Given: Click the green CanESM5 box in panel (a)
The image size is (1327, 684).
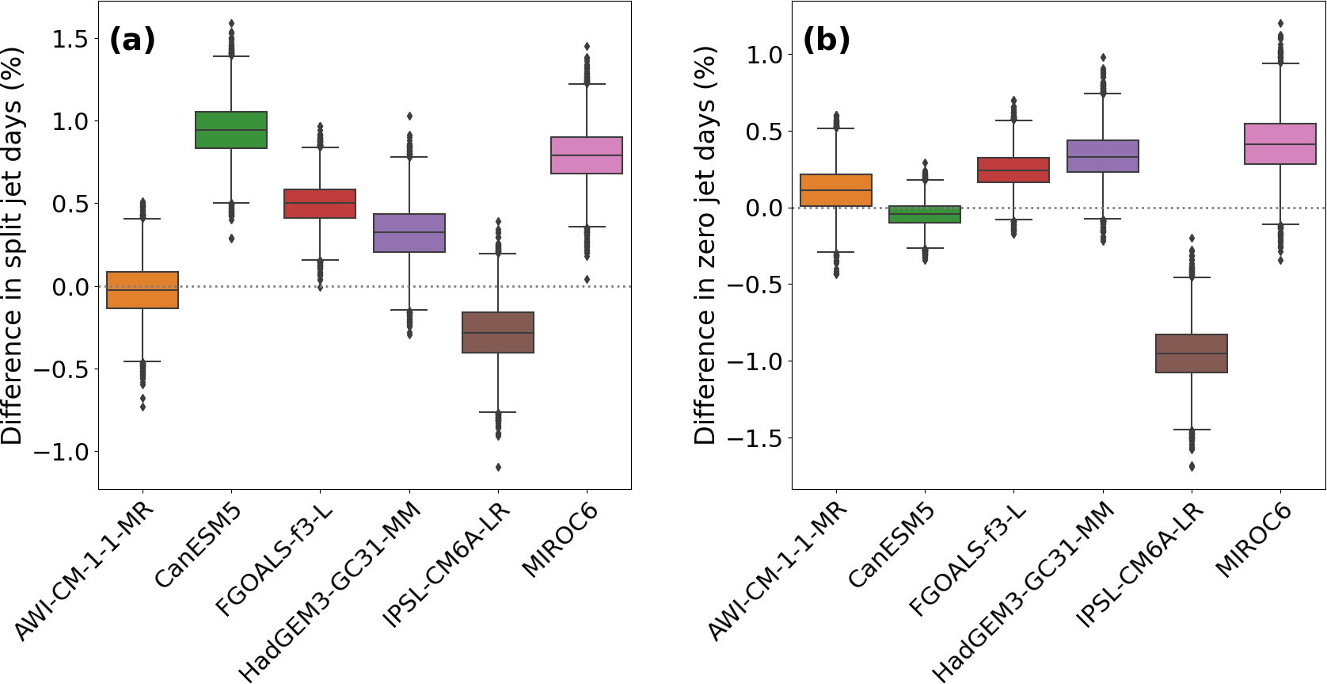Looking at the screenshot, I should [x=231, y=130].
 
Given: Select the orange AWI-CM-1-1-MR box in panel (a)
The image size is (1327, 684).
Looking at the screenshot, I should [x=143, y=290].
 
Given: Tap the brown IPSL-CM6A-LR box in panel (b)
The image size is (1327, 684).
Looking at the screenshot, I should [x=1192, y=353].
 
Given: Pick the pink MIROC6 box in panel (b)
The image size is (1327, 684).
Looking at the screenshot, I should [x=1280, y=144].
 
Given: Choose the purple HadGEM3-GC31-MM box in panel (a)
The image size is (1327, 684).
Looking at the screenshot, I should [x=409, y=233].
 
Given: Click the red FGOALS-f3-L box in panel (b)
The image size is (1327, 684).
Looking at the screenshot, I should [x=1013, y=170].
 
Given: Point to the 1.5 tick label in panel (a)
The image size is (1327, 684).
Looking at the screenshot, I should [x=70, y=39].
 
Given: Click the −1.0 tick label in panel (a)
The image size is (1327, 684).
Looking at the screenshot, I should [x=60, y=452].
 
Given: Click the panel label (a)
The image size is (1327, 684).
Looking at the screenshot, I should [x=132, y=40].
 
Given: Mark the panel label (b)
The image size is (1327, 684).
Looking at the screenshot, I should [x=827, y=40].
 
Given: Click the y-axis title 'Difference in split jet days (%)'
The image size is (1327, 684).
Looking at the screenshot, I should [x=13, y=246].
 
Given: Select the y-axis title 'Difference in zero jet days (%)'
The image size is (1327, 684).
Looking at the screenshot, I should [x=705, y=246].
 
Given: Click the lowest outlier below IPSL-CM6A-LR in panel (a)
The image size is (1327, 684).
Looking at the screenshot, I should [x=498, y=467].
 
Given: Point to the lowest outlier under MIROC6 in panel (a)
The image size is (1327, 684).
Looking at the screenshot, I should [x=587, y=279].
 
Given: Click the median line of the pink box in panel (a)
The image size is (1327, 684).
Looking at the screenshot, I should [x=587, y=155].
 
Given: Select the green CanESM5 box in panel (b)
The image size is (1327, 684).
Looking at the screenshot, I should [x=925, y=214].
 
